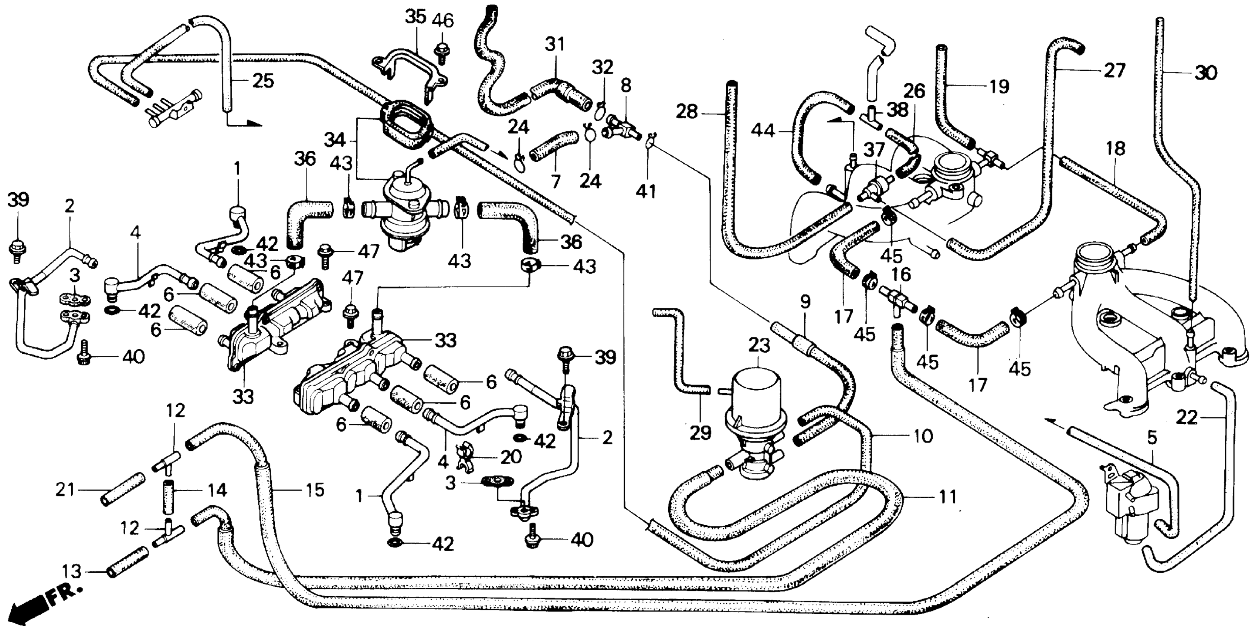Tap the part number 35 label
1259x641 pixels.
(x=416, y=18)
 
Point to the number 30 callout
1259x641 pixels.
(x=1206, y=73)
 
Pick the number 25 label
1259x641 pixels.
(x=263, y=81)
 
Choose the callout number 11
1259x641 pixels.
(x=947, y=497)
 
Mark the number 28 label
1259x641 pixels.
(x=687, y=112)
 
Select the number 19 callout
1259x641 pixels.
(x=1000, y=86)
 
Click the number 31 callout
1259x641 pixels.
(x=555, y=45)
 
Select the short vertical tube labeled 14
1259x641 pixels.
(x=169, y=490)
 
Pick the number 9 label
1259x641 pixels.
(x=805, y=302)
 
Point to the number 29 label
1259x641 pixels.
(x=700, y=433)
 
